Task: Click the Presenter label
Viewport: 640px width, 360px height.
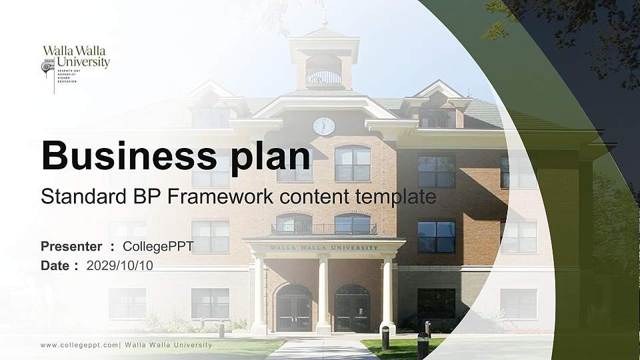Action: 71,247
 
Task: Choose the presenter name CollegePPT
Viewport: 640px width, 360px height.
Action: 159,247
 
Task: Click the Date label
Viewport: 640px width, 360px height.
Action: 55,265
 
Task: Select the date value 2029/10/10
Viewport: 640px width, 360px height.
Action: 120,265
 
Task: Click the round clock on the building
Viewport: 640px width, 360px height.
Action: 324,126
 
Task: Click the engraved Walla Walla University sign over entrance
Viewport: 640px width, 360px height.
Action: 324,248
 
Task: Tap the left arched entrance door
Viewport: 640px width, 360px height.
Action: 295,309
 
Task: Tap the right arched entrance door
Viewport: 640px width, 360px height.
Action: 352,309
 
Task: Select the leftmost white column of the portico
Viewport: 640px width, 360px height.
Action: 258,293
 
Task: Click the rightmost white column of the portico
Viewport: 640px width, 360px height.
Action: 387,293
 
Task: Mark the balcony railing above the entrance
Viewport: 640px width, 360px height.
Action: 324,229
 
